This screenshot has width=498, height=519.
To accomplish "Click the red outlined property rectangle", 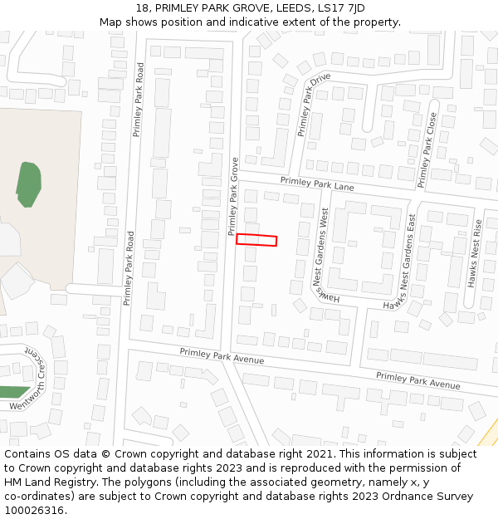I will click(256, 240).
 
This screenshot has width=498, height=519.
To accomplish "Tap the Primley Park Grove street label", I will click(233, 196).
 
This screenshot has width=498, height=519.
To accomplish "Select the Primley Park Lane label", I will click(317, 184).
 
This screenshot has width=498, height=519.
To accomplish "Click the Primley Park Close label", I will click(427, 150).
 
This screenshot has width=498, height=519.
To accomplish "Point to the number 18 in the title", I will click(144, 8).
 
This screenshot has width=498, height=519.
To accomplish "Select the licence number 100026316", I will click(35, 511).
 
